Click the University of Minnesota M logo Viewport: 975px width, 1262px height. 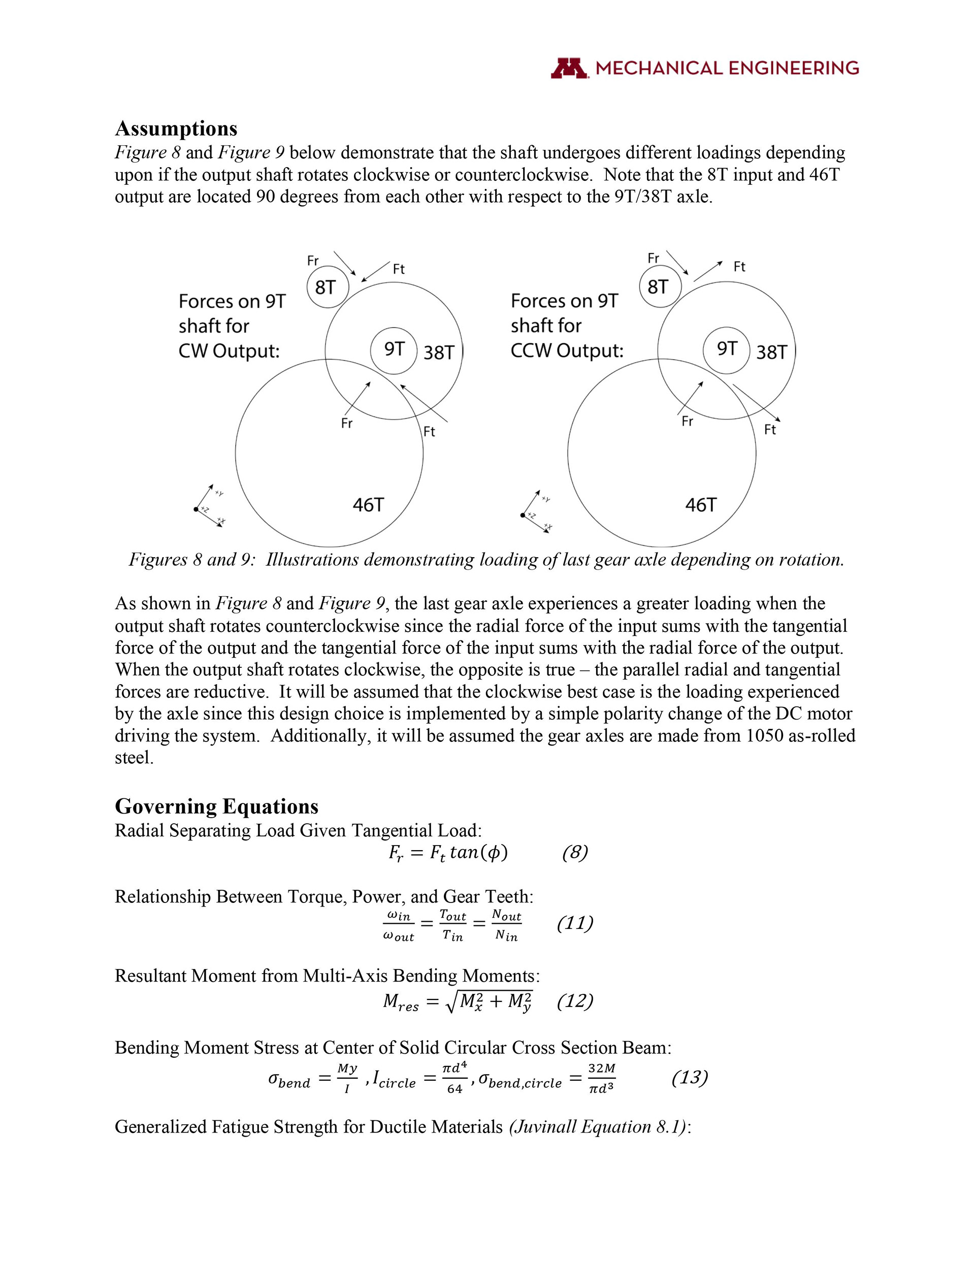point(569,68)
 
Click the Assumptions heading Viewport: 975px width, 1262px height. point(176,128)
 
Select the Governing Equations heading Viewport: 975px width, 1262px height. point(216,806)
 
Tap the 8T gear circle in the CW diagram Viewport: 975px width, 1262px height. point(327,287)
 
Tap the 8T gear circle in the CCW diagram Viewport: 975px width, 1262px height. point(660,286)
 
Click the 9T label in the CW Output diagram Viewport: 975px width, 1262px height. point(394,349)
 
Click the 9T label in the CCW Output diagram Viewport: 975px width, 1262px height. point(727,349)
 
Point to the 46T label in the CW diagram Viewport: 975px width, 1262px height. point(368,505)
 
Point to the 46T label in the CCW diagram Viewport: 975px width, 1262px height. point(700,505)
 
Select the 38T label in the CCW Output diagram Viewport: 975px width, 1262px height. point(771,352)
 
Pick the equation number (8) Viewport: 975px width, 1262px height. point(575,853)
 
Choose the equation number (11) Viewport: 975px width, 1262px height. point(575,923)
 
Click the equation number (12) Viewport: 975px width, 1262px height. point(575,1001)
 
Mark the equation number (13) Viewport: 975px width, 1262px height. point(690,1077)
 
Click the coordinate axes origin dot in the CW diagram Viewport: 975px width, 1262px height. point(197,509)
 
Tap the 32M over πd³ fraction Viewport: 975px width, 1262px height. point(601,1078)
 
